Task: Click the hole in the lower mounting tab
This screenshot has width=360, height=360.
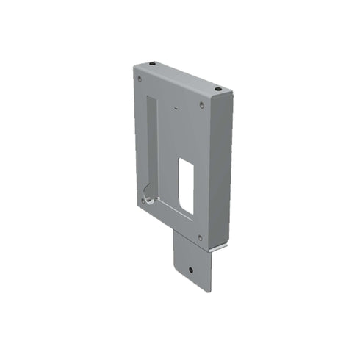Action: (191, 270)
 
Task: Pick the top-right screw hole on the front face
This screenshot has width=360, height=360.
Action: (202, 105)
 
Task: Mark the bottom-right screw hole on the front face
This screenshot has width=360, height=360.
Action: (200, 237)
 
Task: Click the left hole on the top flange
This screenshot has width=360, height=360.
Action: (152, 65)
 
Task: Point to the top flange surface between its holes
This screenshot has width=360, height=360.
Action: (184, 76)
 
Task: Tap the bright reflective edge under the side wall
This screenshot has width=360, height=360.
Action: (217, 249)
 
